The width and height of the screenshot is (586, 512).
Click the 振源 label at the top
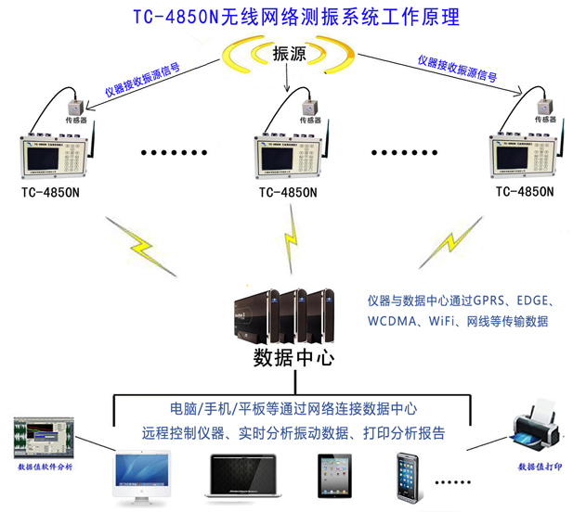289,55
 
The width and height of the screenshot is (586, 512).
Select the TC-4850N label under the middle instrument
288,193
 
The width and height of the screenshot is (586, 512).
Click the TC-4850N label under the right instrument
525,192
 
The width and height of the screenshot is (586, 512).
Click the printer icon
535,429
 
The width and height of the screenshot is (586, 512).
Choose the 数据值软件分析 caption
45,466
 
